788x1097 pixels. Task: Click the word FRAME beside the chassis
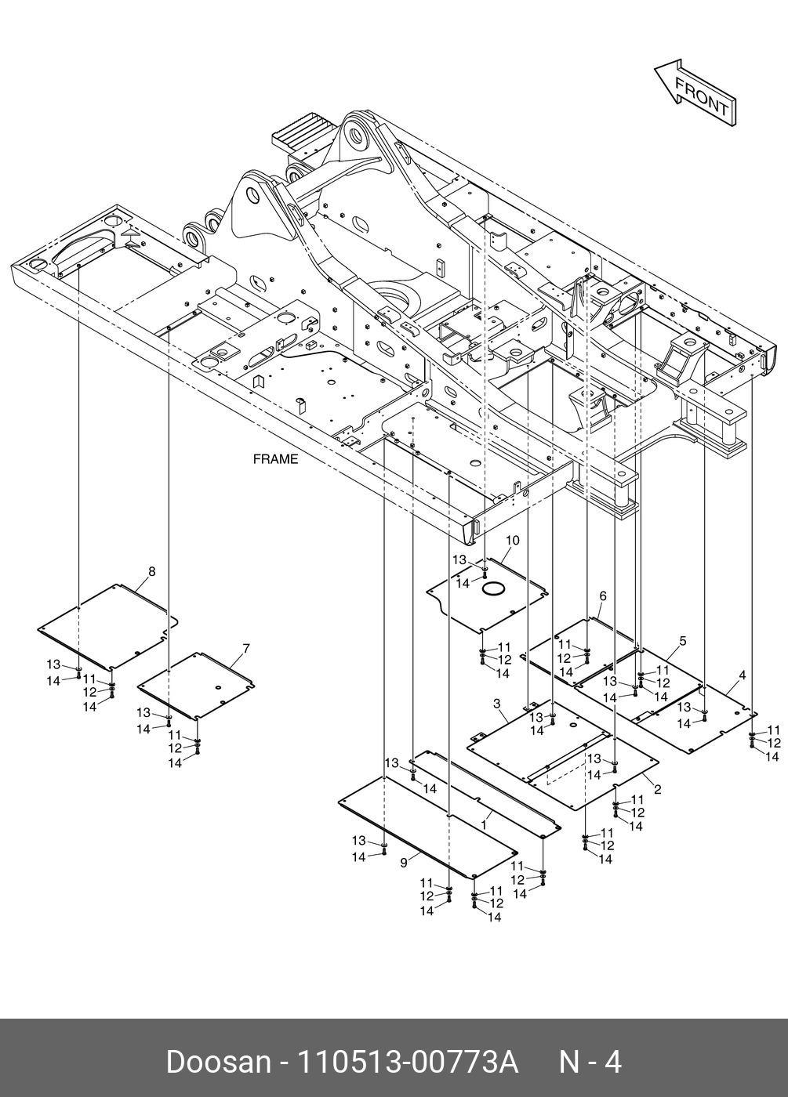[275, 459]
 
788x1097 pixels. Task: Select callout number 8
[152, 572]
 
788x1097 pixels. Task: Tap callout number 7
[245, 648]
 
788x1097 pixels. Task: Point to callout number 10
[512, 541]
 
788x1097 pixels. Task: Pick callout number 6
[602, 596]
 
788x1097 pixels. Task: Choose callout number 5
[682, 640]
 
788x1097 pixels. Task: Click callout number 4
[742, 675]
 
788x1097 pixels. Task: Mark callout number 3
[496, 704]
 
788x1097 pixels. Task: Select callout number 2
[657, 789]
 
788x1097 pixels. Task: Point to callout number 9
[403, 862]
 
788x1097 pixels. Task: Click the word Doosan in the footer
[217, 1063]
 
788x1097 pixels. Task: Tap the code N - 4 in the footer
[589, 1063]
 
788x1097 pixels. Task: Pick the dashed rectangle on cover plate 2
[566, 772]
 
